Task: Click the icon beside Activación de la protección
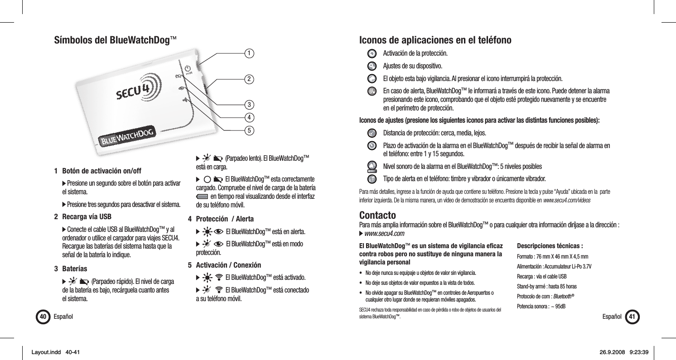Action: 372,53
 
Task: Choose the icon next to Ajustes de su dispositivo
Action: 372,66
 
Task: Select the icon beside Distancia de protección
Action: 372,133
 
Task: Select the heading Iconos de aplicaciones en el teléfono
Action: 435,40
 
